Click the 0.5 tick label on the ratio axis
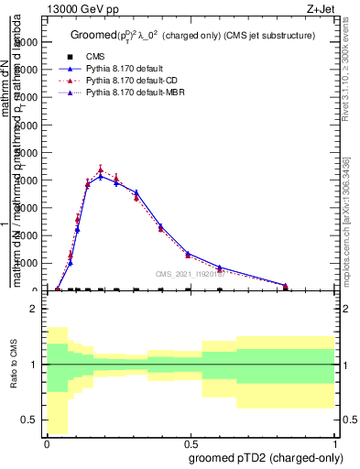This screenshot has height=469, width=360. coord(29,420)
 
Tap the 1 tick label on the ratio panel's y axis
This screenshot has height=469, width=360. coord(34,365)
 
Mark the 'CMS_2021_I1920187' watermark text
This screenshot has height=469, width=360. coord(190,274)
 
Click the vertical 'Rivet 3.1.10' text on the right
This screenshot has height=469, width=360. coord(351,73)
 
